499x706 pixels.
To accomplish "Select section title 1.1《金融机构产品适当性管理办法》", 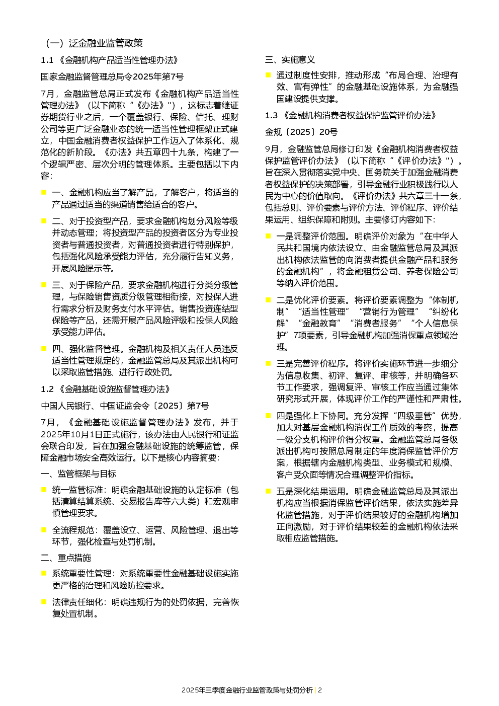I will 110,60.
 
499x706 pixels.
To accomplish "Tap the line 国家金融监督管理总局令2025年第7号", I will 112,77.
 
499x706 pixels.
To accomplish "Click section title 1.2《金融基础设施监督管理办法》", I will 106,389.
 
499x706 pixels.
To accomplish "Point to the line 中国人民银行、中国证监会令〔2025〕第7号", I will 125,406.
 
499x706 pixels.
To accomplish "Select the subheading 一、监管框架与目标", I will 78,474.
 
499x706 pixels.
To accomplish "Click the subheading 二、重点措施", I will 66,558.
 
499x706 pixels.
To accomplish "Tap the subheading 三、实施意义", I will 290,59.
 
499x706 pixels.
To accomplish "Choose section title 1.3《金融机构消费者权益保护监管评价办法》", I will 351,115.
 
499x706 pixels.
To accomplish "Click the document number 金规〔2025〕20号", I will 301,132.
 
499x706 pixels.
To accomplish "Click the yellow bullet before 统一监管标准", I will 44,489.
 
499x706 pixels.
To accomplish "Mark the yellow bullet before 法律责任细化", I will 44,601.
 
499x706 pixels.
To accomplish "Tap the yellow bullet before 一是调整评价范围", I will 268,236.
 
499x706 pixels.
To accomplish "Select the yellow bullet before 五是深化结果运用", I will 268,491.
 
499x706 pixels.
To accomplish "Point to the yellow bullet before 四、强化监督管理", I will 44,348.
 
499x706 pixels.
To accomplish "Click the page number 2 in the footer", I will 320,690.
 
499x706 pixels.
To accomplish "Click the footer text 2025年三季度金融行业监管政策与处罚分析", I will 246,690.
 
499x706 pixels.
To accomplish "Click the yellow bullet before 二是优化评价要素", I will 268,299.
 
